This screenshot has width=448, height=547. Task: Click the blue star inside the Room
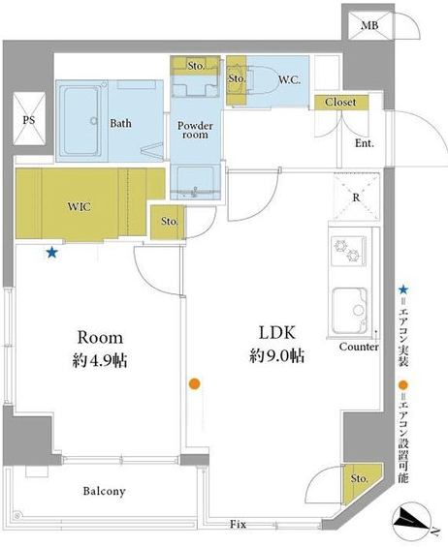[52, 253]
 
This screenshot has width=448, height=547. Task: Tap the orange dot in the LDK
[194, 383]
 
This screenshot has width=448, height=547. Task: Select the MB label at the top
[369, 25]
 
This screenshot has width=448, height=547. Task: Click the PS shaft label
[29, 120]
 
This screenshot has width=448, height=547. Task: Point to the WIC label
[80, 207]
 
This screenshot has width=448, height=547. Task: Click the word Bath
[121, 123]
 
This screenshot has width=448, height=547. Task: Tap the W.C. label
[289, 80]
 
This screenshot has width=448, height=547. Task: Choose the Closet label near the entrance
[340, 103]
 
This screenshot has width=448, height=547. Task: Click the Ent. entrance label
[365, 143]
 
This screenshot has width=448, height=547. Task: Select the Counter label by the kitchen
[359, 347]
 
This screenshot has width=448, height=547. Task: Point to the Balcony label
[104, 491]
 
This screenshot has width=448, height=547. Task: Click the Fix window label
[238, 524]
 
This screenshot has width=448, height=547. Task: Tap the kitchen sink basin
[349, 311]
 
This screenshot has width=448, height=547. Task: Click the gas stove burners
[348, 251]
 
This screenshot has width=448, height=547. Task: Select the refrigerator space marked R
[356, 198]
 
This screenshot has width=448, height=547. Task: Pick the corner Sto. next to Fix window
[359, 478]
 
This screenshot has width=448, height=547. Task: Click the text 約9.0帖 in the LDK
[276, 356]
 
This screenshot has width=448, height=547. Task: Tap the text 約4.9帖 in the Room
[100, 361]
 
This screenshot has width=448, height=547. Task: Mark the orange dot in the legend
[403, 385]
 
